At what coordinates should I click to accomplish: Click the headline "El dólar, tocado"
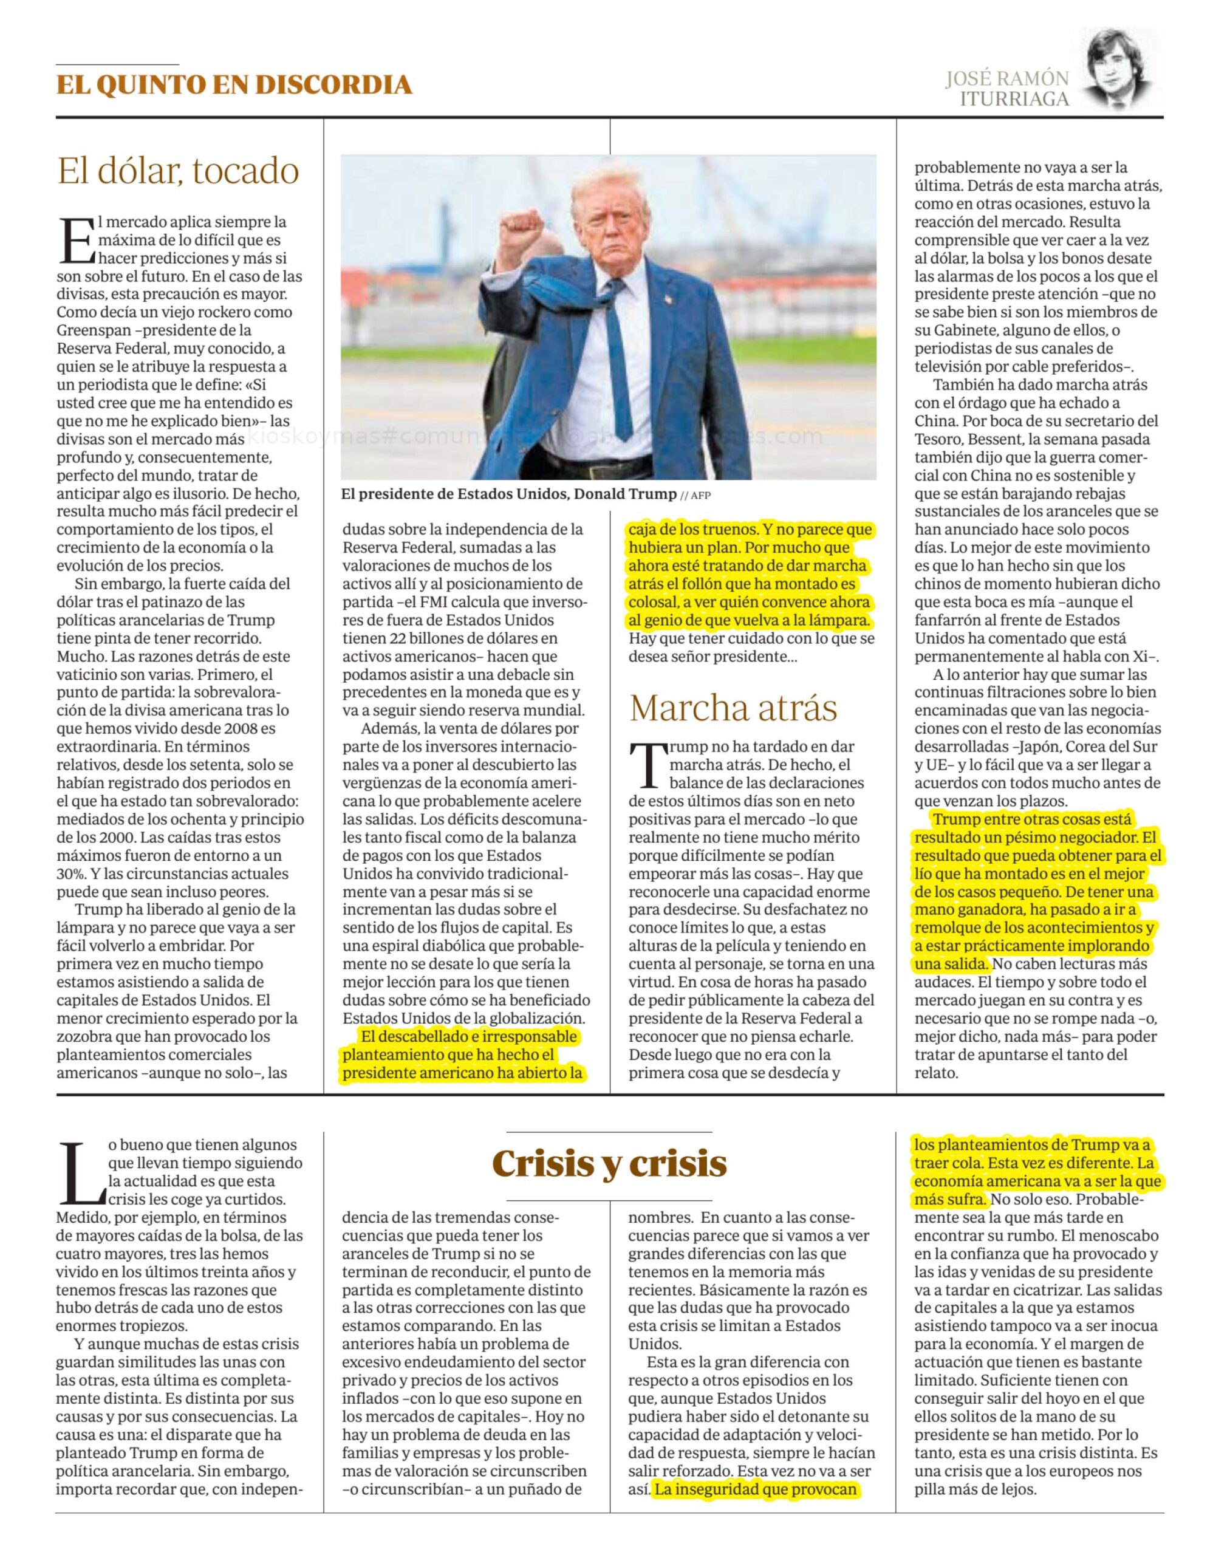[178, 171]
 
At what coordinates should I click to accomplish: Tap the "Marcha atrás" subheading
[733, 708]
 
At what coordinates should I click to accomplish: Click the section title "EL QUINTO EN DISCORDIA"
[234, 84]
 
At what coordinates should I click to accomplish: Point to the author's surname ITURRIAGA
[1014, 99]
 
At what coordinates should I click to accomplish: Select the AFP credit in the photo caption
[700, 496]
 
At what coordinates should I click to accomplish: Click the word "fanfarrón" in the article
[946, 620]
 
